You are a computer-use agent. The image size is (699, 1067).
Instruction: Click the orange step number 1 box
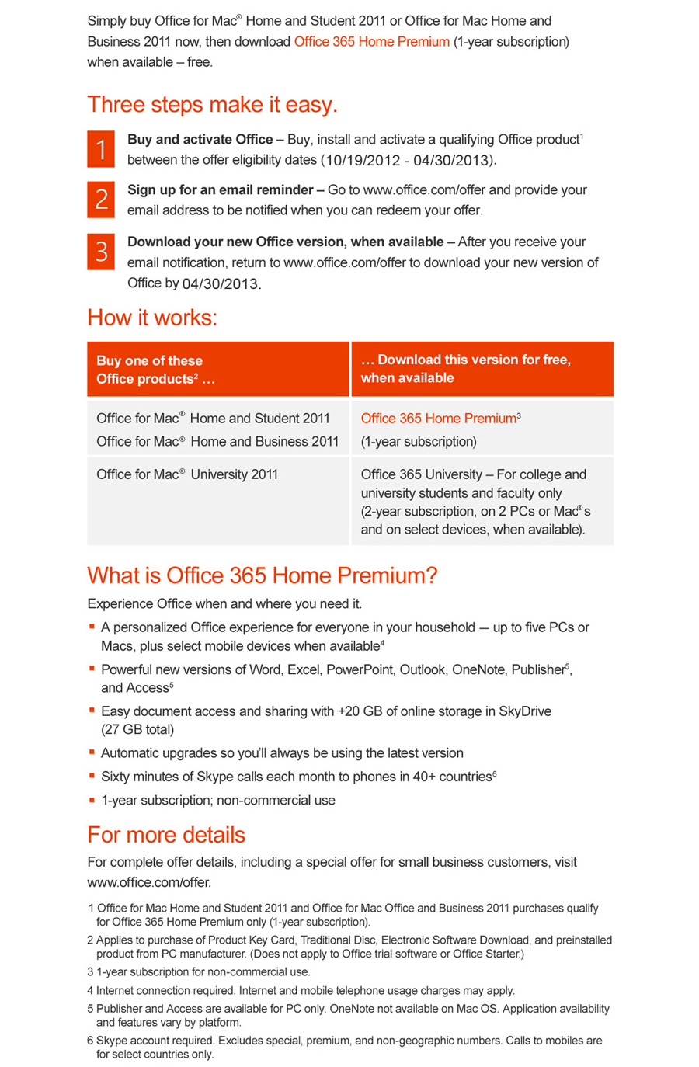(101, 149)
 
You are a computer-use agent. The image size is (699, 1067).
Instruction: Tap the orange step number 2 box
(101, 200)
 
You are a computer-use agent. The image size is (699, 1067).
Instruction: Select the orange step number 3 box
(101, 252)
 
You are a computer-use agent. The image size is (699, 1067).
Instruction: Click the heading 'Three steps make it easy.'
(212, 104)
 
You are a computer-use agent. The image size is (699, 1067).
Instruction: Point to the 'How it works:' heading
(152, 317)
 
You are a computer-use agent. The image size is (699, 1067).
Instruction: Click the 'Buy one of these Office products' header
(155, 370)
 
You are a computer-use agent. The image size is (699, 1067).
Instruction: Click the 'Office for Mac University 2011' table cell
(187, 474)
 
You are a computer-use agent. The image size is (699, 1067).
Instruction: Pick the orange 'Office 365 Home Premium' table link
(439, 419)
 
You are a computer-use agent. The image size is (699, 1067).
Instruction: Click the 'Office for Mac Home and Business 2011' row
(217, 441)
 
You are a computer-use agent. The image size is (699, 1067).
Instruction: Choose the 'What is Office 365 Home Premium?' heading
(263, 575)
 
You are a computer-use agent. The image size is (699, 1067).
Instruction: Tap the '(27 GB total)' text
(137, 729)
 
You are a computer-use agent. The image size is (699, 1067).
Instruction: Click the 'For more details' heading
(166, 835)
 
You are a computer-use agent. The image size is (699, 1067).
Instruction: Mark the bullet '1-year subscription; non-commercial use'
(218, 800)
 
